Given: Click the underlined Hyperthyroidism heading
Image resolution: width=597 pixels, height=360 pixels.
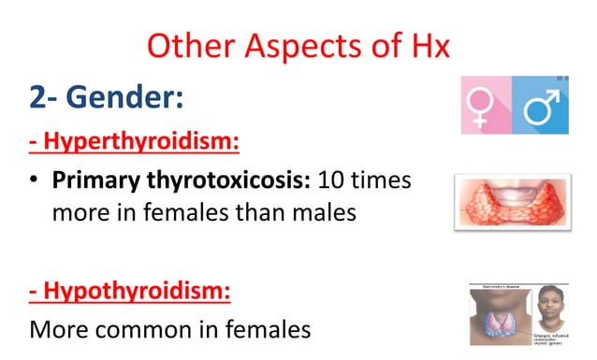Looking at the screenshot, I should [134, 143].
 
